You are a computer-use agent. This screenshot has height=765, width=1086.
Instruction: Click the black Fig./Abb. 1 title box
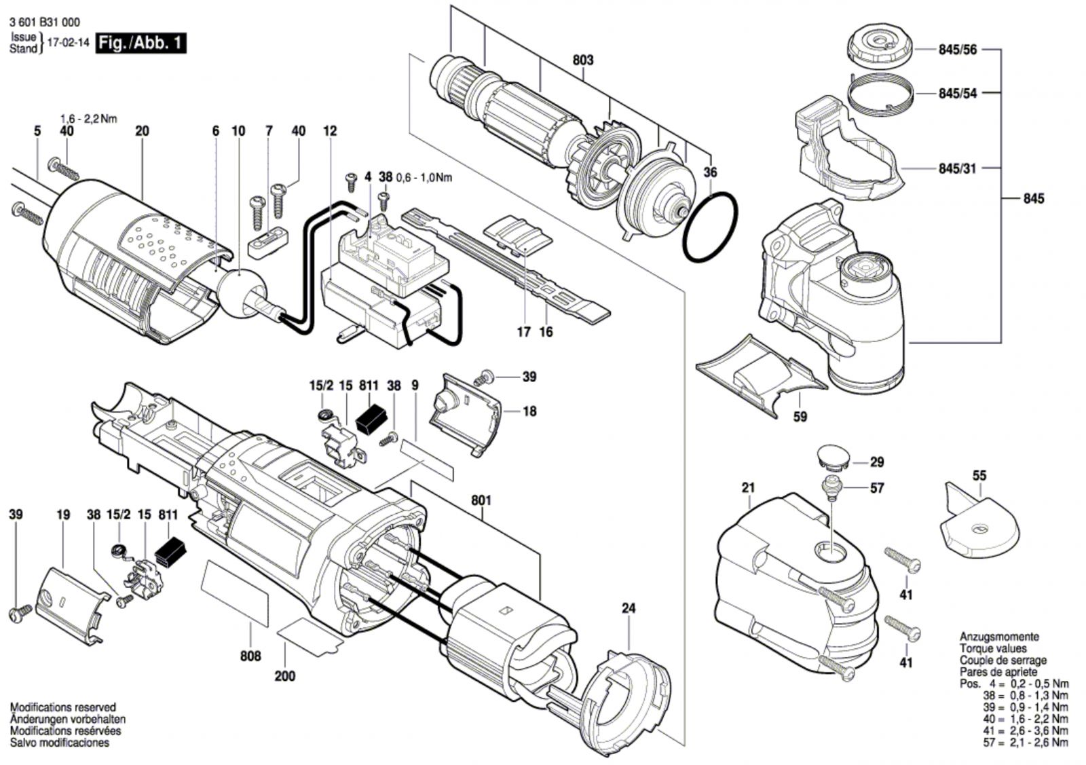[x=141, y=43]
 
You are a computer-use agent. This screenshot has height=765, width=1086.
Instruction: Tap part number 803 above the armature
[x=583, y=60]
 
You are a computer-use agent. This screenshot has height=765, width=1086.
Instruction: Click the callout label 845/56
[x=958, y=50]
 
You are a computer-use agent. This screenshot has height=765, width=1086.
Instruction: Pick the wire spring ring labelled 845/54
[x=880, y=96]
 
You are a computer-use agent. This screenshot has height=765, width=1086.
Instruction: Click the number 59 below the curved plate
[x=800, y=416]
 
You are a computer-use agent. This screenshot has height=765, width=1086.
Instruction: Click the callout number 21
[x=748, y=487]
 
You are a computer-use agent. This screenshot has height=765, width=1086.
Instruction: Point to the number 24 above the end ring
[x=629, y=608]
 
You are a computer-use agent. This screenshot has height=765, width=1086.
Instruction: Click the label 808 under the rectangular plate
[x=250, y=656]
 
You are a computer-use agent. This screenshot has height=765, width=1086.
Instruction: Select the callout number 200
[x=284, y=676]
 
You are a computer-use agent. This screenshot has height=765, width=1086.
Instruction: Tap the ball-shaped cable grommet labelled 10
[x=241, y=294]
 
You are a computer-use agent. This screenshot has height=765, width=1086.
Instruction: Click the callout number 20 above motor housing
[x=142, y=131]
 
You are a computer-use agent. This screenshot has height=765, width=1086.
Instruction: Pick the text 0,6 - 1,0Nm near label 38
[x=424, y=178]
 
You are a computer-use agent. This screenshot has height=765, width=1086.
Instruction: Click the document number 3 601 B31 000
[x=45, y=22]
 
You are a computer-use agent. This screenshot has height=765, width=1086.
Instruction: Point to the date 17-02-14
[x=69, y=43]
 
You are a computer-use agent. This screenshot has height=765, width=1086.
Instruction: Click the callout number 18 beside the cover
[x=529, y=411]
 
